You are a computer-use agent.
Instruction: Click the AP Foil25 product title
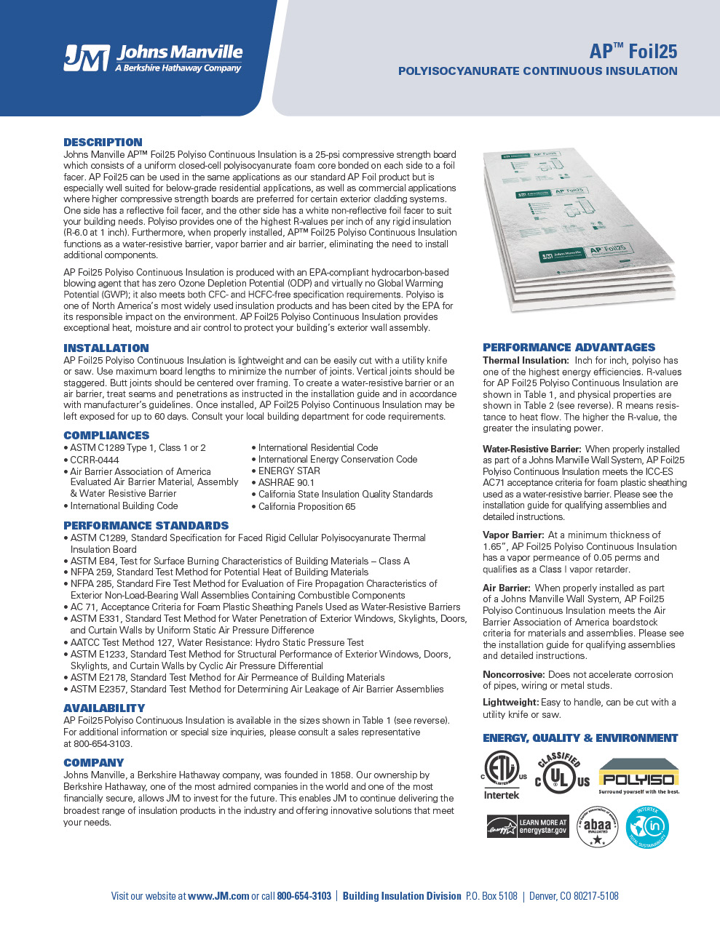click(x=633, y=51)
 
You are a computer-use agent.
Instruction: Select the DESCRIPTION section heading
click(x=103, y=143)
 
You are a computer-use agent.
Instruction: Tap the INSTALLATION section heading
click(x=106, y=348)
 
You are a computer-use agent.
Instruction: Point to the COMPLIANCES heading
click(x=106, y=436)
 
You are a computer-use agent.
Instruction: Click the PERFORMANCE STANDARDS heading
click(x=146, y=526)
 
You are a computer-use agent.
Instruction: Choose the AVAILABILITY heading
click(x=104, y=708)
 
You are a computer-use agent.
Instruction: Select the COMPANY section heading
click(x=93, y=763)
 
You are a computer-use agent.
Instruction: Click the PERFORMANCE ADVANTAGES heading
click(x=569, y=348)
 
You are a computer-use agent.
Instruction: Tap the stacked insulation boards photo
click(x=579, y=229)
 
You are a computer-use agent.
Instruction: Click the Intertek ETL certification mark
click(x=502, y=775)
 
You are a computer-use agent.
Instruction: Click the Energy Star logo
click(x=527, y=827)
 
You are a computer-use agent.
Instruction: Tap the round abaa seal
click(x=597, y=828)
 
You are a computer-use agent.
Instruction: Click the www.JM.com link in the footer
click(x=218, y=896)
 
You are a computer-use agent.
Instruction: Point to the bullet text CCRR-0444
click(x=95, y=460)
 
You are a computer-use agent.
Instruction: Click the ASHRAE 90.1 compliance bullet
click(x=286, y=482)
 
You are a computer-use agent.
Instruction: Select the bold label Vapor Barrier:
click(x=513, y=535)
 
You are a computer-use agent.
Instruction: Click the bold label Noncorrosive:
click(x=514, y=675)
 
